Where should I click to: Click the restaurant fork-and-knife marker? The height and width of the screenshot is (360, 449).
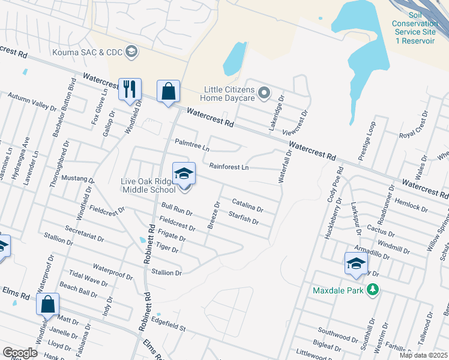130,90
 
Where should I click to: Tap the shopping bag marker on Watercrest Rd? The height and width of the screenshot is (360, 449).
169,92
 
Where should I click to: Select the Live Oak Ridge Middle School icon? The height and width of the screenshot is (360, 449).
184,174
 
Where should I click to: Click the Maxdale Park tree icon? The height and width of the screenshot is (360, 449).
373,290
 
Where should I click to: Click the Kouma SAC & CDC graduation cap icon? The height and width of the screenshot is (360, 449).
131,52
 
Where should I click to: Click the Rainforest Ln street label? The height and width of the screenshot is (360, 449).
229,167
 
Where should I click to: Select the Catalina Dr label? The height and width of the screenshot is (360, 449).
247,206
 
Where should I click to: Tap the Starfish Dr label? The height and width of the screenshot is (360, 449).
243,218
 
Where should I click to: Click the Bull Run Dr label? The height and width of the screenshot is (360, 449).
177,209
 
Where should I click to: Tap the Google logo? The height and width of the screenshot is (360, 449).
20,353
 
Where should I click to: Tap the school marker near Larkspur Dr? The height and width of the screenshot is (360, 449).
356,264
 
